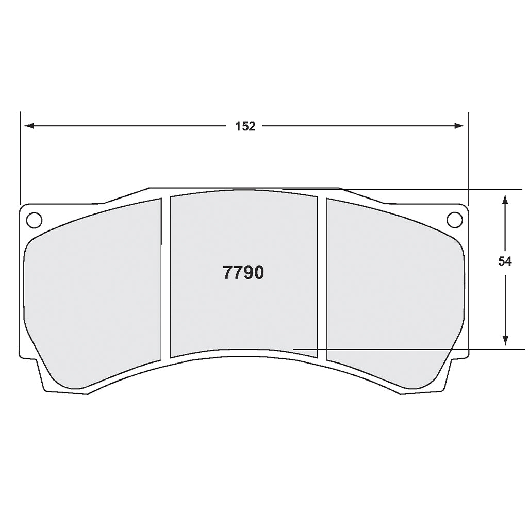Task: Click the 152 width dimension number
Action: pos(245,126)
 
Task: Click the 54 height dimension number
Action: pos(505,261)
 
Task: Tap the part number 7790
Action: pos(243,272)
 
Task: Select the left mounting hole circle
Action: pos(34,220)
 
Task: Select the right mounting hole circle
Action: pos(454,220)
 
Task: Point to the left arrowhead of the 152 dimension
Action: pos(29,126)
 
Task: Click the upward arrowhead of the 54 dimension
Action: pos(505,199)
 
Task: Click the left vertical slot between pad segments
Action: pos(166,278)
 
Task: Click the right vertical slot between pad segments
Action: pos(322,278)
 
